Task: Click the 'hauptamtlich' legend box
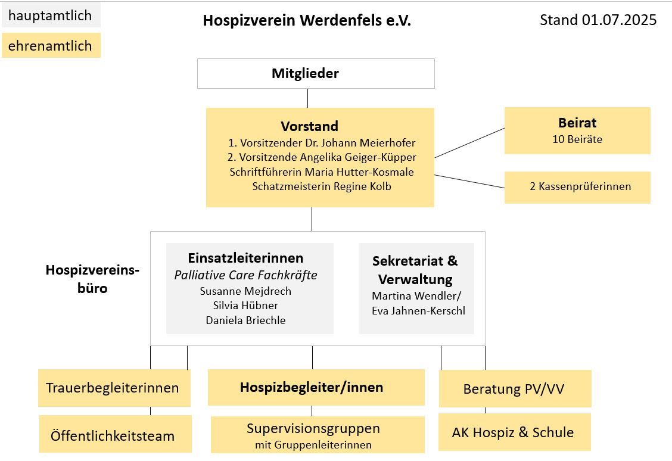coord(51,15)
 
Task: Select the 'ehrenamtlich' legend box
coord(51,45)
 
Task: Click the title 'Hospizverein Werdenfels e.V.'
coord(307,20)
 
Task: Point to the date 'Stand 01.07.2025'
coord(598,20)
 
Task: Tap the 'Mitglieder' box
coord(316,74)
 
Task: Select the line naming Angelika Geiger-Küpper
coord(322,157)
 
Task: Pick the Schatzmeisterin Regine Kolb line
coord(322,186)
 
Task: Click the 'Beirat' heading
coord(577,123)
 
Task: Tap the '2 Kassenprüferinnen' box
coord(577,187)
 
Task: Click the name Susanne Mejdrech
coord(245,291)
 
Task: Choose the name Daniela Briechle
coord(245,320)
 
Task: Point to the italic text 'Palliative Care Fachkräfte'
coord(245,275)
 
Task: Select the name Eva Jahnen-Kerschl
coord(418,311)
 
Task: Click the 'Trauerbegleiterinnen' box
coord(113,388)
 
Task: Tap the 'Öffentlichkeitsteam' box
coord(113,435)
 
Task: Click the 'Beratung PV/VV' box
coord(514,390)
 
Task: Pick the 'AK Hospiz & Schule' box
coord(514,432)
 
